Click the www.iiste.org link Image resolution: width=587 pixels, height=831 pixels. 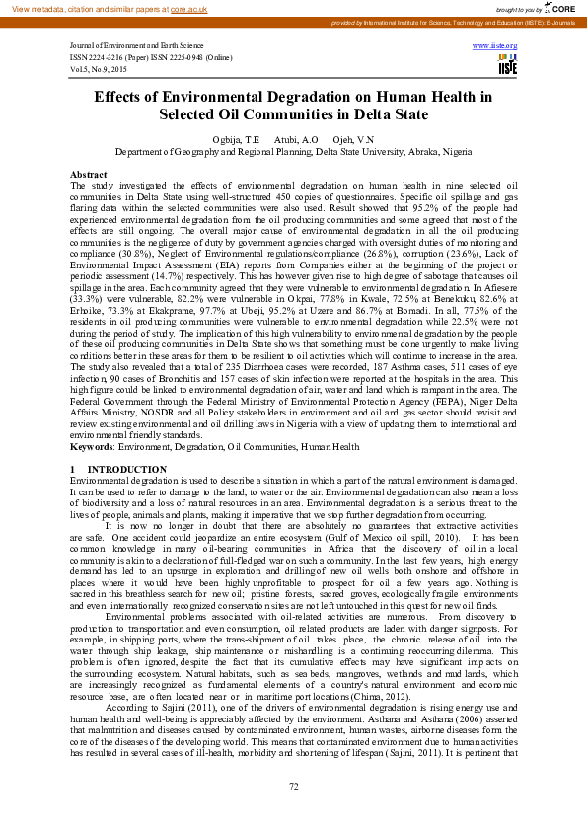pyautogui.click(x=502, y=46)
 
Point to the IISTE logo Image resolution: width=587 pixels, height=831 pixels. pyautogui.click(x=508, y=65)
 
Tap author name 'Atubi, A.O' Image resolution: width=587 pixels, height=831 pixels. pyautogui.click(x=296, y=140)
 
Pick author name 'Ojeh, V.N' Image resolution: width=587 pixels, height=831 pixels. pyautogui.click(x=353, y=140)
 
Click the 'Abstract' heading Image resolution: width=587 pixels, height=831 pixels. pyautogui.click(x=89, y=174)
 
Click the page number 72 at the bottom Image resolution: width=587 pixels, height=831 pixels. pyautogui.click(x=293, y=786)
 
